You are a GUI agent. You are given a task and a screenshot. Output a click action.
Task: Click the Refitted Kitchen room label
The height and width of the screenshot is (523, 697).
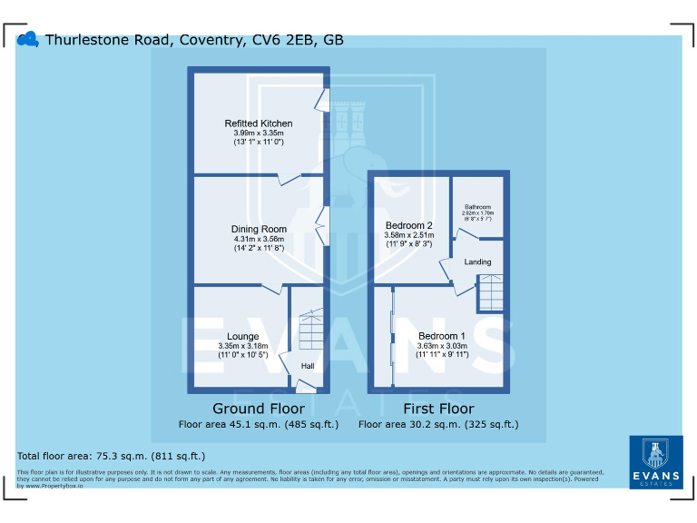pos(259,123)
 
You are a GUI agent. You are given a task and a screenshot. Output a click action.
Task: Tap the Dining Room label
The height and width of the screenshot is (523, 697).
pos(259,229)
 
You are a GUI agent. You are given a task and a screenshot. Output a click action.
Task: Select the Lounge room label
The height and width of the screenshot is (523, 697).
pos(243,337)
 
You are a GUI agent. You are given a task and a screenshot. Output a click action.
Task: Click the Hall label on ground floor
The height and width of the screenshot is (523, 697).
pos(308,366)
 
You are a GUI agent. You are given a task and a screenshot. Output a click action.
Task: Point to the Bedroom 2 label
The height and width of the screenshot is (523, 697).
pos(409,225)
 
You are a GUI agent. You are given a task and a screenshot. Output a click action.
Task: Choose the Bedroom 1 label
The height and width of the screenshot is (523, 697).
pos(442,336)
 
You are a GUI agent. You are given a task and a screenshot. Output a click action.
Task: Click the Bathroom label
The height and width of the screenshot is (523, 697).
pos(477,207)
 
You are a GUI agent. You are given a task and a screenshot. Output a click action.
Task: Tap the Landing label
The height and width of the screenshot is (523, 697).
pos(477,262)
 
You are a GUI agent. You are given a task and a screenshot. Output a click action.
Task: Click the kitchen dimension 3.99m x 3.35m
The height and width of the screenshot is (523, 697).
pos(259,133)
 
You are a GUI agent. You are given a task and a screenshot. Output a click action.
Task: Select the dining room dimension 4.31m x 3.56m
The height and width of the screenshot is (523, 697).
pos(259,239)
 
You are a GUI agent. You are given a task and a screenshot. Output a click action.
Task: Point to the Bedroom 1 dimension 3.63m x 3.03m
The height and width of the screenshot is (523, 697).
pos(442,346)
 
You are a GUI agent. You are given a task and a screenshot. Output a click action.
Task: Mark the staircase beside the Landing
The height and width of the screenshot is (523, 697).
pos(490,292)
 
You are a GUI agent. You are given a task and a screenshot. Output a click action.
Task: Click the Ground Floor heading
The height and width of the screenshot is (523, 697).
pos(258,409)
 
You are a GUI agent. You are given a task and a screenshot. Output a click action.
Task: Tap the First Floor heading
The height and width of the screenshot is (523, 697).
pos(437,409)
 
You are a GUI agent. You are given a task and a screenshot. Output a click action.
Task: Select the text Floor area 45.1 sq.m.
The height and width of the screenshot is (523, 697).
pos(258,424)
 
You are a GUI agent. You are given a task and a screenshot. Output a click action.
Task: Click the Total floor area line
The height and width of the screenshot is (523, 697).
pos(112,456)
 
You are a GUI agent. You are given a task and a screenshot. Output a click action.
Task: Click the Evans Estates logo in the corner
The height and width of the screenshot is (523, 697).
pos(655,462)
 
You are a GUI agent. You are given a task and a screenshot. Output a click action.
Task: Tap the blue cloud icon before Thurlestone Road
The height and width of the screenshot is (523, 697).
pos(28,39)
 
